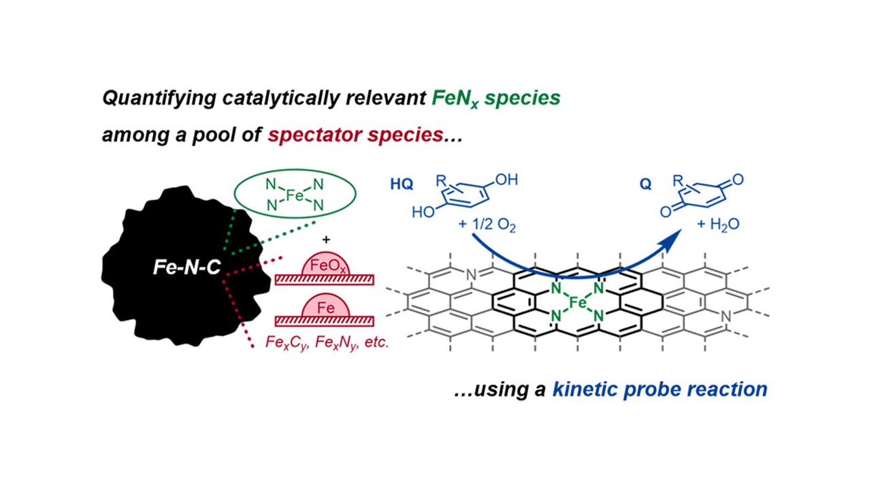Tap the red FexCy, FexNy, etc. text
(327, 343)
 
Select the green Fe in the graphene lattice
(578, 301)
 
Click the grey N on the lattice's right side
(725, 316)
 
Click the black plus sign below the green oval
(326, 240)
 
